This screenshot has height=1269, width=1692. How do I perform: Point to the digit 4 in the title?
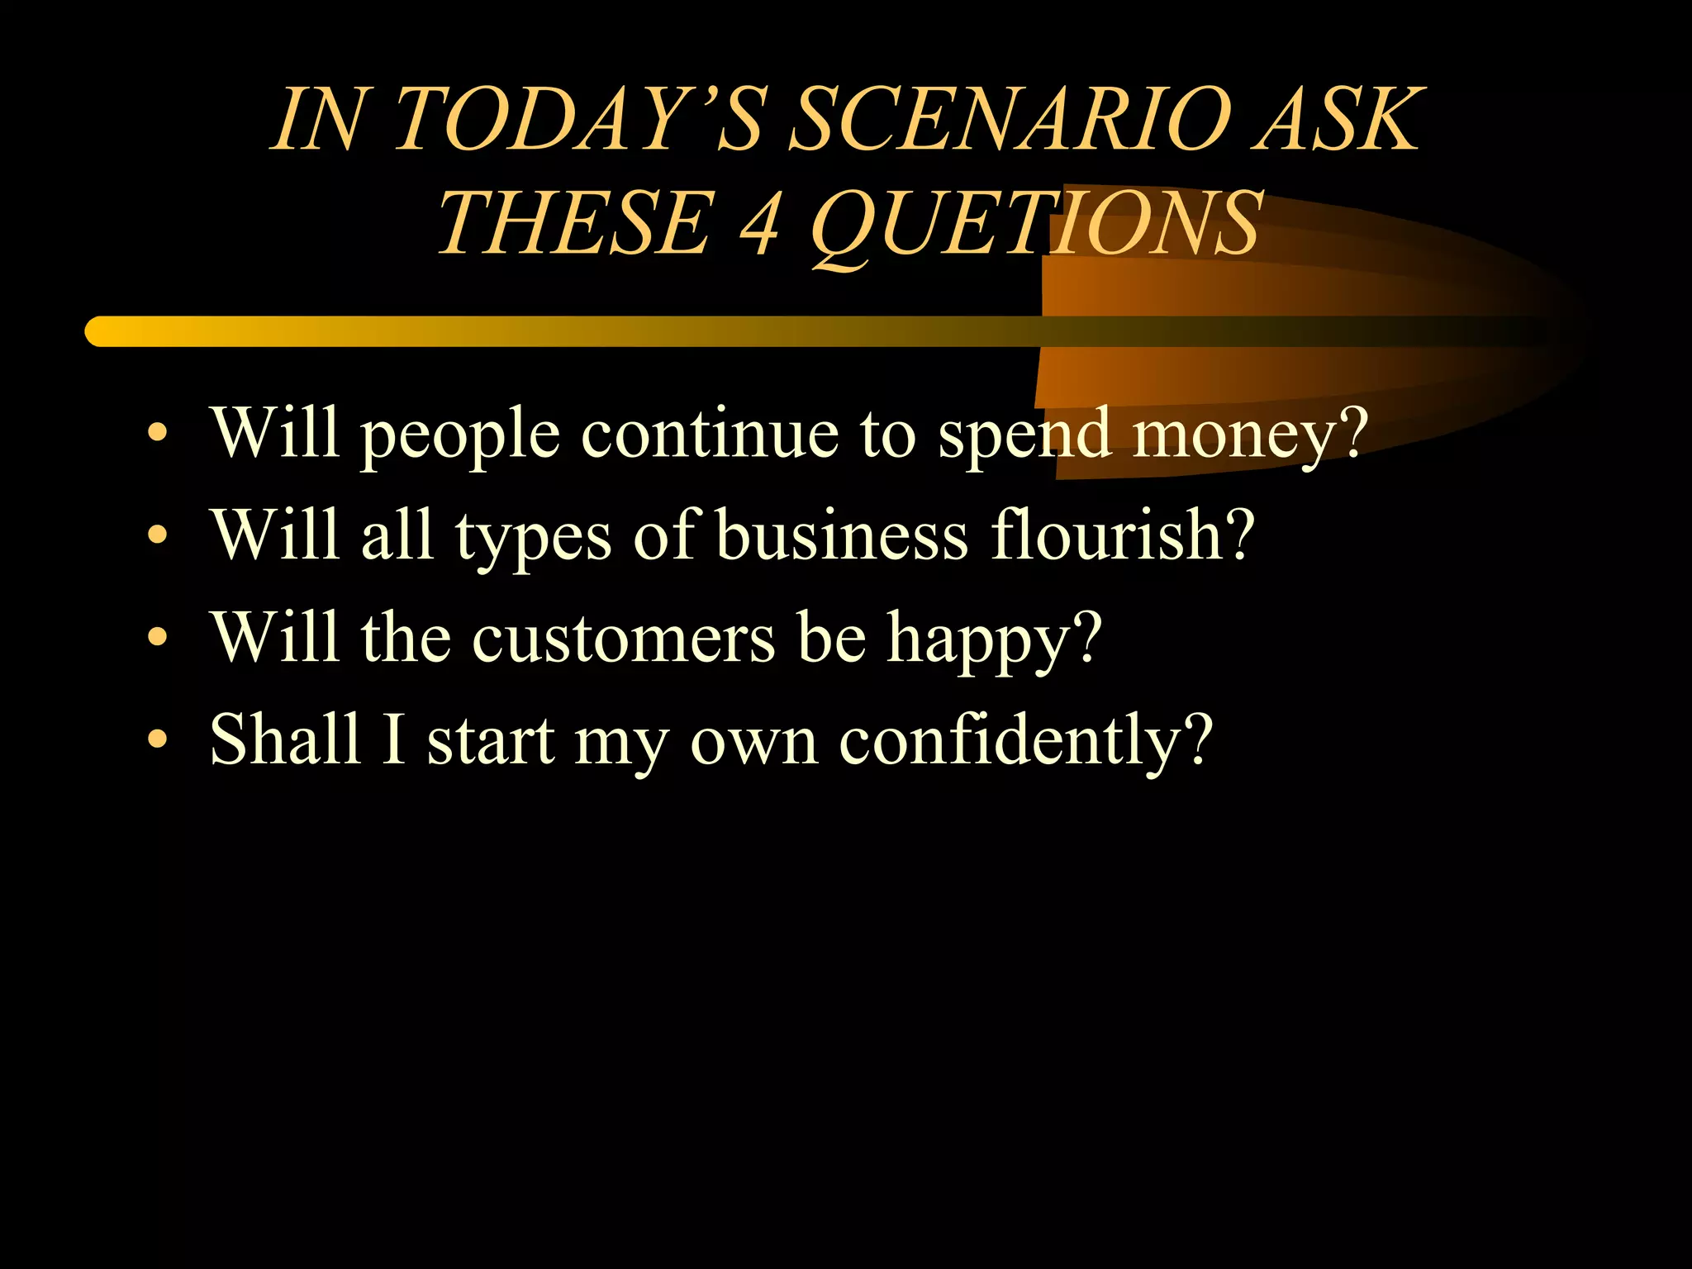[759, 223]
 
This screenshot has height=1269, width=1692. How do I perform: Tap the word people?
[460, 435]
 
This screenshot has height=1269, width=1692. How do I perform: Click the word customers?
[624, 638]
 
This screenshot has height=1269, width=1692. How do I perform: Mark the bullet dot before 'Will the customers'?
[157, 638]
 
